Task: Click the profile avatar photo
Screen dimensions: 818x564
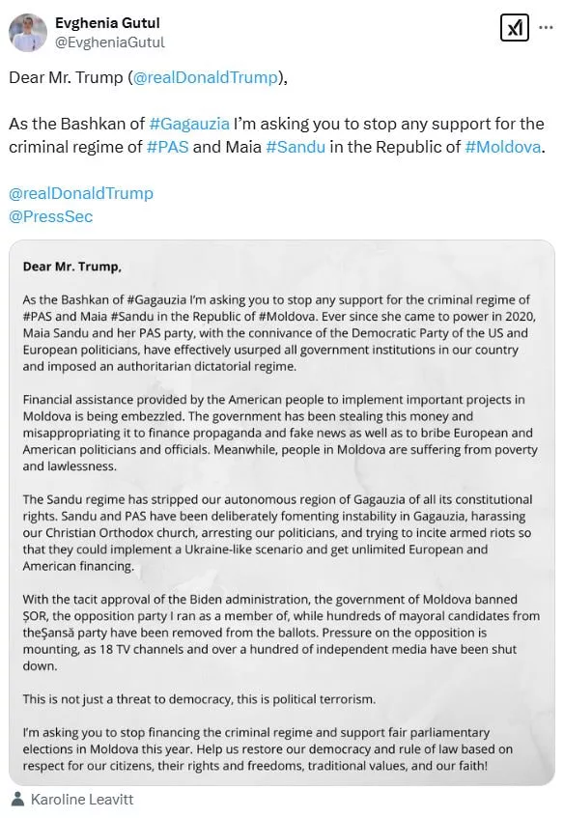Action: coord(28,32)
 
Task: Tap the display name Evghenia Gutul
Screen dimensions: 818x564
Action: coord(107,22)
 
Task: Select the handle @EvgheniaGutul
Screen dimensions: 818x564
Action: coord(109,42)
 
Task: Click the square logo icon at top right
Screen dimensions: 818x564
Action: coord(514,28)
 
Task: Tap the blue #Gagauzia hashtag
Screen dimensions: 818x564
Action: coord(189,124)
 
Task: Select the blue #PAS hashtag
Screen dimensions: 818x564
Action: coord(166,147)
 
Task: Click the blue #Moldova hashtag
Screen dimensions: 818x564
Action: coord(502,147)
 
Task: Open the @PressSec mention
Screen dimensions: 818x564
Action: coord(51,216)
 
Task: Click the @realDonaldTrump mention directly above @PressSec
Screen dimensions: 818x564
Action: coord(81,193)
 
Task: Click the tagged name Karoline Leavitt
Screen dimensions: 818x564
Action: coord(81,799)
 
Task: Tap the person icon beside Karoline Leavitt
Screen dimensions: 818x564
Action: coord(17,799)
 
